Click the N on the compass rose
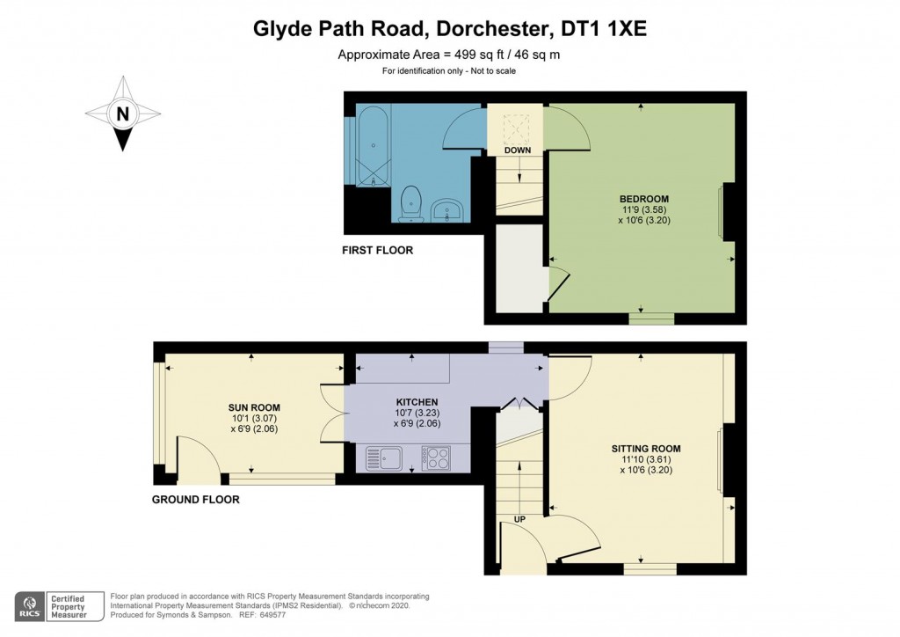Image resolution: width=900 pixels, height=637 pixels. (x=123, y=113)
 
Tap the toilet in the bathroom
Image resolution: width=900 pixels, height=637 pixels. (x=410, y=204)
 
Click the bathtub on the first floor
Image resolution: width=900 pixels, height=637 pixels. (x=374, y=145)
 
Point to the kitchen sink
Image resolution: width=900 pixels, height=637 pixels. (x=384, y=458)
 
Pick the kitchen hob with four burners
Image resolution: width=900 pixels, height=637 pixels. (x=436, y=458)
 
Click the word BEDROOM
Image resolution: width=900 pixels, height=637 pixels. (x=644, y=199)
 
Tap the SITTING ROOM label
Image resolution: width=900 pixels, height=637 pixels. (x=646, y=449)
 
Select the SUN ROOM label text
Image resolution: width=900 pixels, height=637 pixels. (x=254, y=407)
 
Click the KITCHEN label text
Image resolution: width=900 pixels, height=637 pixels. (x=417, y=402)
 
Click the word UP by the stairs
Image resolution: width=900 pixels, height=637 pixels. (x=519, y=519)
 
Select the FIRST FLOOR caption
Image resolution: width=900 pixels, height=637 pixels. (x=377, y=251)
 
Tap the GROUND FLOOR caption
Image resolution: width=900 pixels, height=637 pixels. (x=196, y=500)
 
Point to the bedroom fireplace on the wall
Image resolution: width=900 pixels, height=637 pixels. (x=728, y=211)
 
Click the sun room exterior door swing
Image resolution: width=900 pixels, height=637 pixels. (x=198, y=458)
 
